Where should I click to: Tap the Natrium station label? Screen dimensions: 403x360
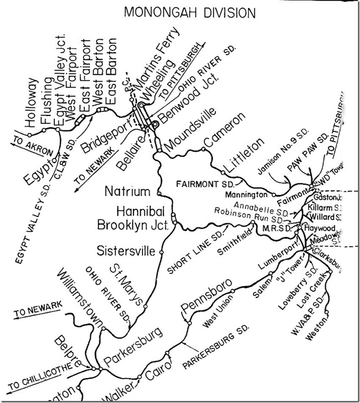click(x=128, y=192)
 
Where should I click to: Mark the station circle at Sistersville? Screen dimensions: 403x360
click(x=161, y=252)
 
